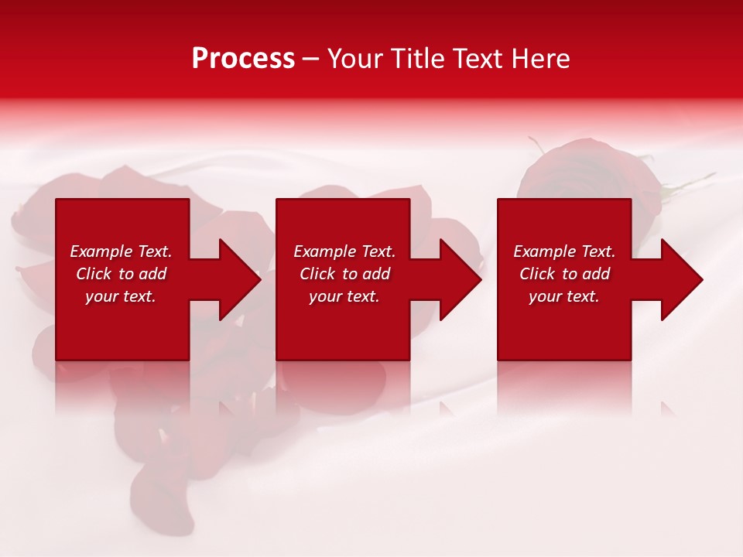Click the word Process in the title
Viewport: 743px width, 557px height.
click(243, 59)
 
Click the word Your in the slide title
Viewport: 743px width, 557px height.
click(356, 59)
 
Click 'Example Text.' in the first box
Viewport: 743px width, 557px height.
click(121, 251)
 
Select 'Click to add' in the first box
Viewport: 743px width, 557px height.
click(121, 274)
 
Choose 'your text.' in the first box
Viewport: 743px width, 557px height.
click(121, 296)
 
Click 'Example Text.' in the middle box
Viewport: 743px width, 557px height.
click(344, 251)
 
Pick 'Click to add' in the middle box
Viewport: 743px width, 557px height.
click(344, 274)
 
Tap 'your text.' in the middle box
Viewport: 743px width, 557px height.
click(344, 296)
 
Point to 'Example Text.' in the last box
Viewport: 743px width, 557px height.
click(564, 251)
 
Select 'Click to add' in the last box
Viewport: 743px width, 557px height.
click(564, 274)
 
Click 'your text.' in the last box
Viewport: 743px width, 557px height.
click(564, 296)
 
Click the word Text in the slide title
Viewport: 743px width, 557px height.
click(476, 59)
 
